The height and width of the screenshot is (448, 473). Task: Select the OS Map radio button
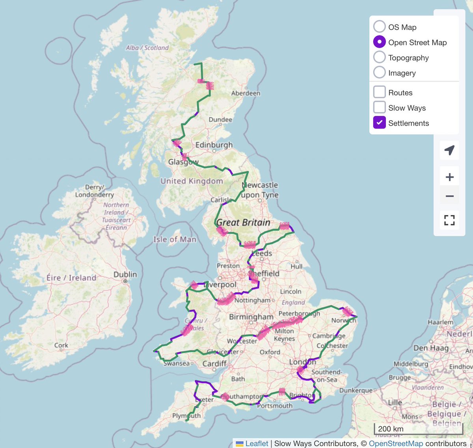[379, 26]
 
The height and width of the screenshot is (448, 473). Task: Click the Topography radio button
[379, 57]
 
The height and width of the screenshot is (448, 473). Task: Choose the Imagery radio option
[379, 72]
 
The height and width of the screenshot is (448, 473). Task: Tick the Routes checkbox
[379, 92]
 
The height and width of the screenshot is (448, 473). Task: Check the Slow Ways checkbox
[379, 107]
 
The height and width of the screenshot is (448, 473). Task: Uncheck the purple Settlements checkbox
[379, 123]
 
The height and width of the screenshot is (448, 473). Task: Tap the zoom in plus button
[449, 177]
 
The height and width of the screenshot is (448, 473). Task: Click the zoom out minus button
[449, 196]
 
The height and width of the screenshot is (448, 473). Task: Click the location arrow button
[449, 150]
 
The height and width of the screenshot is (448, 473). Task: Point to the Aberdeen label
[246, 93]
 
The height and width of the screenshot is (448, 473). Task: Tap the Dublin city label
[125, 274]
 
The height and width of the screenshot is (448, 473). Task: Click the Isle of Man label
[175, 239]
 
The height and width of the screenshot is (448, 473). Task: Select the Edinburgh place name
[214, 145]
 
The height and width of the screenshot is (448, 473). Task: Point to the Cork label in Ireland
[61, 345]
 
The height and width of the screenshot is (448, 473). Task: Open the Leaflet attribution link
[256, 443]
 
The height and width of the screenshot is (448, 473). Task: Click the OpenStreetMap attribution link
[396, 443]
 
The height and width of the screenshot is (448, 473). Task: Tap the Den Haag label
[431, 348]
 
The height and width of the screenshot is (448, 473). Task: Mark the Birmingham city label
[251, 317]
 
